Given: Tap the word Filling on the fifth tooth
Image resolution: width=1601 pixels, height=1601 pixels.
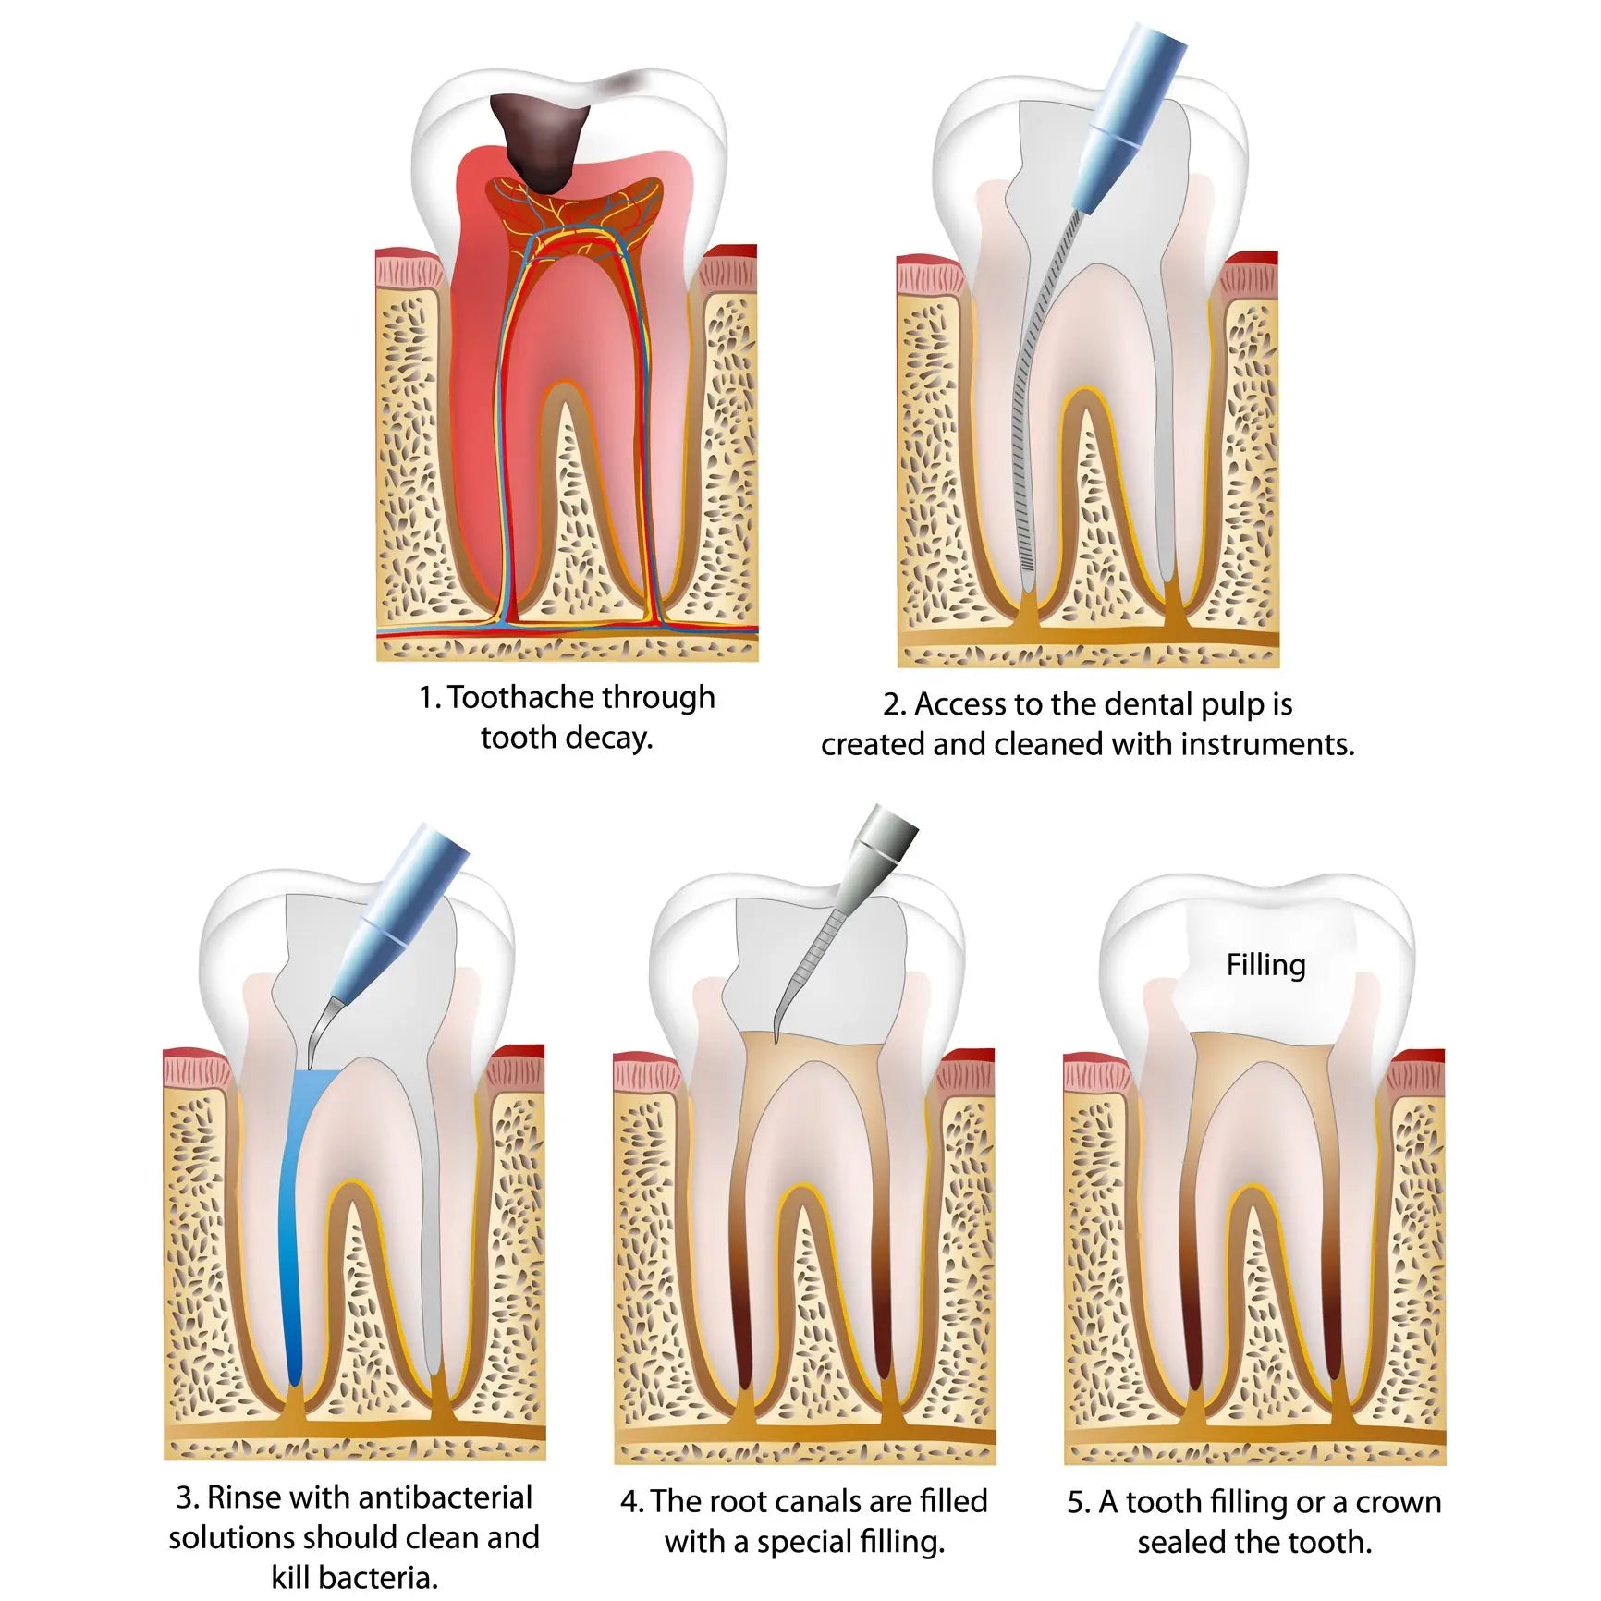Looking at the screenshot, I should point(1265,965).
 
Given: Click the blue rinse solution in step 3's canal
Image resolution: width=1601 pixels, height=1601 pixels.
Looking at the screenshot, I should point(294,1229).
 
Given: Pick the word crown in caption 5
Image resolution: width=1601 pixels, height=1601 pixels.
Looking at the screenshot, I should point(1399,1503).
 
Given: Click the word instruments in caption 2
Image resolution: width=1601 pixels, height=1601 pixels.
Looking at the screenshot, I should point(1266,744).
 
